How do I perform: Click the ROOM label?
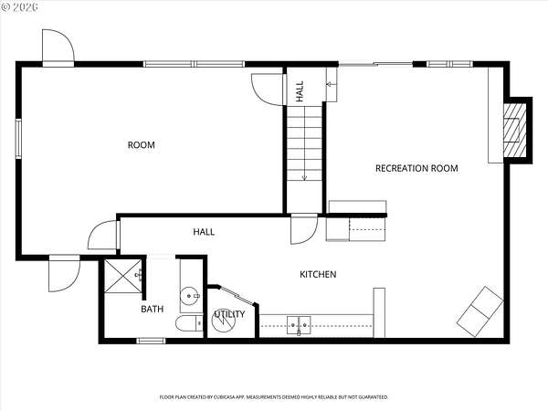pyautogui.click(x=142, y=145)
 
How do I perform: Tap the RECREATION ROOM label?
pyautogui.click(x=416, y=168)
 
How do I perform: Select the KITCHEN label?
pyautogui.click(x=318, y=274)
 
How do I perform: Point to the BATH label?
pyautogui.click(x=152, y=309)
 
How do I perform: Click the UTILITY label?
pyautogui.click(x=229, y=314)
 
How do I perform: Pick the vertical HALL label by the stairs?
pyautogui.click(x=300, y=91)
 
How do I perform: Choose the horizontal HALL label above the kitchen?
pyautogui.click(x=204, y=232)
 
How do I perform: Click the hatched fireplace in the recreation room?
pyautogui.click(x=514, y=130)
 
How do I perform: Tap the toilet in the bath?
pyautogui.click(x=189, y=323)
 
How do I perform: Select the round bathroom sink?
pyautogui.click(x=189, y=296)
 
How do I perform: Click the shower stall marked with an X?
pyautogui.click(x=123, y=276)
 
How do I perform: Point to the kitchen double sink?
pyautogui.click(x=299, y=325)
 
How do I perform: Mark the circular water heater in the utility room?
pyautogui.click(x=224, y=321)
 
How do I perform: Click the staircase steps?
pyautogui.click(x=304, y=143)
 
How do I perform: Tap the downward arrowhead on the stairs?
pyautogui.click(x=304, y=178)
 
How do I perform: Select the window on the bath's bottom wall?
pyautogui.click(x=151, y=341)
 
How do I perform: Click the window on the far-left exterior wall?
pyautogui.click(x=18, y=139)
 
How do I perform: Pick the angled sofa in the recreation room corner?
pyautogui.click(x=479, y=311)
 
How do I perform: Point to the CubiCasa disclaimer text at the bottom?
pyautogui.click(x=274, y=397)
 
